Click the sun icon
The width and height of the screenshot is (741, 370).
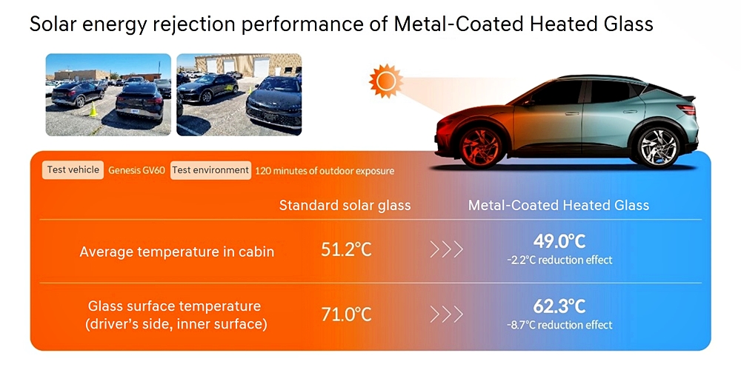pyautogui.click(x=385, y=81)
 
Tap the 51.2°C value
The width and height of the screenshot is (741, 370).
pyautogui.click(x=346, y=250)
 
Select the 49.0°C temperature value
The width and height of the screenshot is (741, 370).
pyautogui.click(x=559, y=242)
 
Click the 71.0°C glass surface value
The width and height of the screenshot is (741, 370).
pyautogui.click(x=346, y=314)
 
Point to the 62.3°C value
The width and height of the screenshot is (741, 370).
pyautogui.click(x=559, y=306)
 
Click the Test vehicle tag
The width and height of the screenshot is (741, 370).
pyautogui.click(x=73, y=170)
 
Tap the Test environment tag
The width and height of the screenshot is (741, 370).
pyautogui.click(x=210, y=170)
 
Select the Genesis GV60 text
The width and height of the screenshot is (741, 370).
pyautogui.click(x=136, y=170)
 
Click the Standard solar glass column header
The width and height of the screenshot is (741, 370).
pyautogui.click(x=345, y=205)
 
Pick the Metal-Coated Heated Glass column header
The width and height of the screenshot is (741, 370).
pyautogui.click(x=559, y=205)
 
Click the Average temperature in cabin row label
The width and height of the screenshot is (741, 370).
pyautogui.click(x=177, y=252)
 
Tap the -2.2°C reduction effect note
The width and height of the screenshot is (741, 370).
pyautogui.click(x=559, y=260)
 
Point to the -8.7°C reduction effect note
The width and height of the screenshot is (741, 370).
pyautogui.click(x=559, y=325)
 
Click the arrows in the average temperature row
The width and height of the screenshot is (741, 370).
pyautogui.click(x=446, y=249)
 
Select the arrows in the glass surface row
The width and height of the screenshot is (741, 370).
pyautogui.click(x=446, y=314)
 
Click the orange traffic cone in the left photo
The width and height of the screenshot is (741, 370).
pyautogui.click(x=93, y=110)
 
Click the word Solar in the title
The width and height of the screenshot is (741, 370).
pyautogui.click(x=54, y=24)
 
